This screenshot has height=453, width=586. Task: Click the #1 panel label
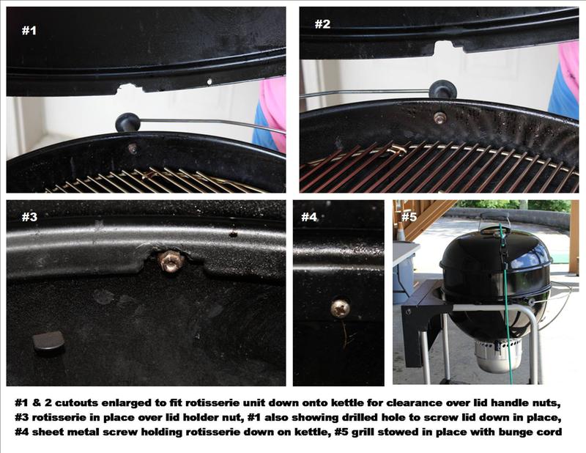click(29, 30)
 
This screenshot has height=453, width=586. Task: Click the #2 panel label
click(322, 24)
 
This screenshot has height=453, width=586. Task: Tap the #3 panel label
click(29, 217)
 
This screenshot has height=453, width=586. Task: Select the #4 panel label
click(309, 217)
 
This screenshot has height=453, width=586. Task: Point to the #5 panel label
click(409, 217)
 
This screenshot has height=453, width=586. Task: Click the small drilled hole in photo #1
click(209, 81)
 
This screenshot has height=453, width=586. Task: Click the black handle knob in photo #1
click(127, 122)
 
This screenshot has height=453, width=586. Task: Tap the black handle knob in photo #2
click(442, 89)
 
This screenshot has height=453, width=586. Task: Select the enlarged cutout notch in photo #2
click(444, 48)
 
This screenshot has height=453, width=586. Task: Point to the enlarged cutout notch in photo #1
click(130, 89)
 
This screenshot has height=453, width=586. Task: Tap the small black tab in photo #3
click(48, 343)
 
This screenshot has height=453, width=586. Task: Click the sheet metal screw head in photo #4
click(340, 308)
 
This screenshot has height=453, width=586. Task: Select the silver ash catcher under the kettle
click(498, 354)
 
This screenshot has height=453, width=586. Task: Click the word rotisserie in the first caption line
click(218, 403)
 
